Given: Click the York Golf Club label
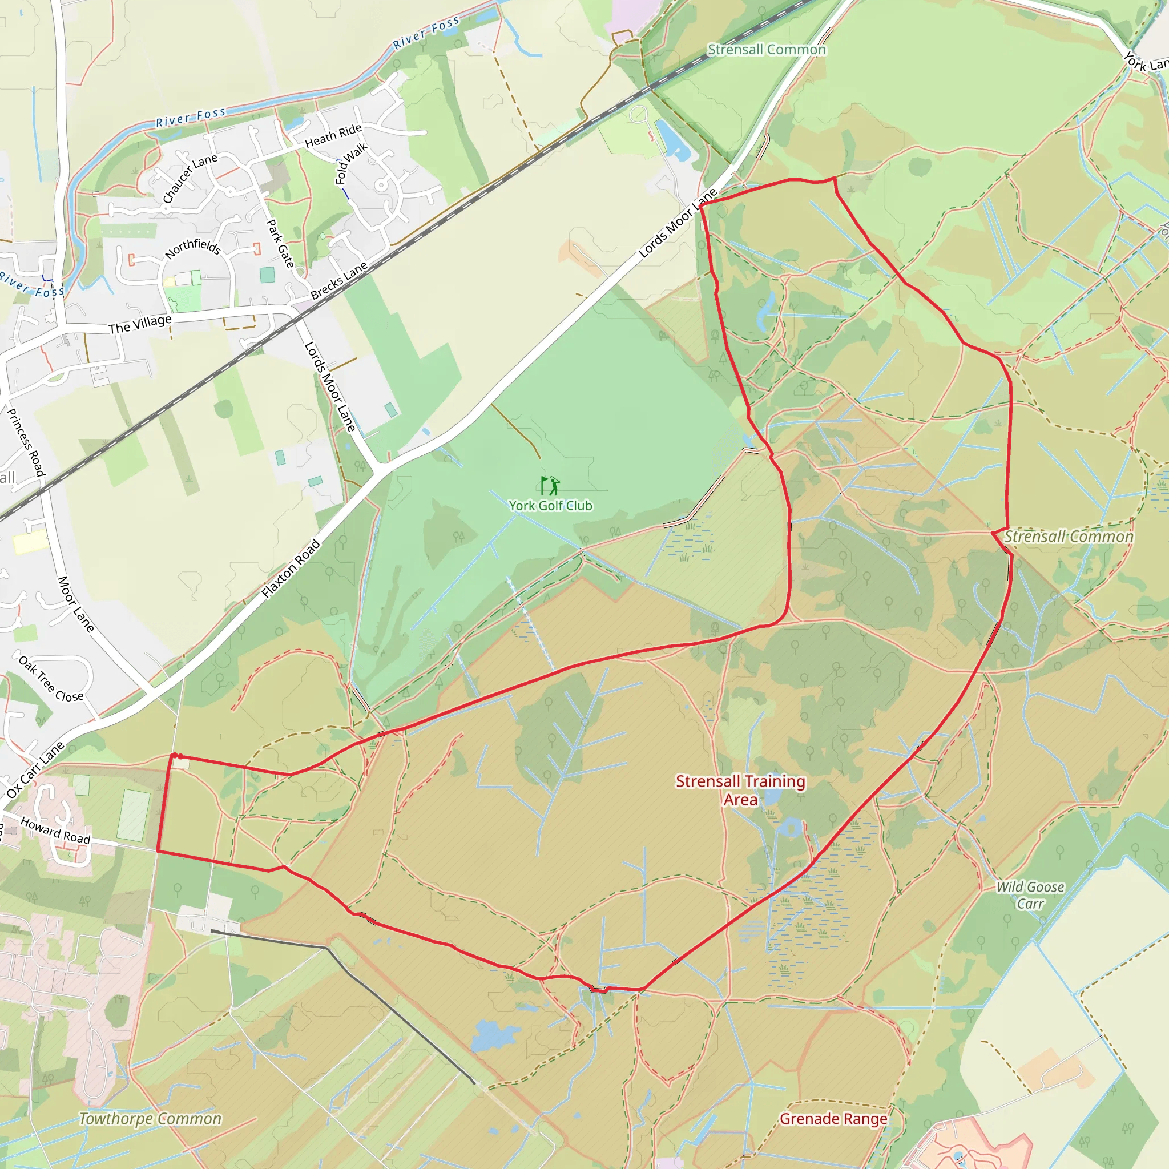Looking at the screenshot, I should [x=550, y=506].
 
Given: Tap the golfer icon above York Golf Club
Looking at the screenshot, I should [x=550, y=485].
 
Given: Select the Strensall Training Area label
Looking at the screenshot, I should [x=740, y=790].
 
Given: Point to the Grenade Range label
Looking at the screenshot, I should [x=833, y=1119].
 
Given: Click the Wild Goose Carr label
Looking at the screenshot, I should [x=1030, y=895].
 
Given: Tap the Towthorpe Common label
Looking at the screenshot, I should [x=150, y=1119].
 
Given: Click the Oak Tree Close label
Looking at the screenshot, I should [x=51, y=679].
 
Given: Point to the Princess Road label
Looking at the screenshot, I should [x=26, y=442].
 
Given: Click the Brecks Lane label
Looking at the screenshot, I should [x=339, y=280].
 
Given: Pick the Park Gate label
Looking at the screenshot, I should [x=281, y=244].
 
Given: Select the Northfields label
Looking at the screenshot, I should [x=192, y=248].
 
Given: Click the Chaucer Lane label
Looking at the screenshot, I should [x=190, y=179].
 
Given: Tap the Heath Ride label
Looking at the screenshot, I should [x=333, y=135].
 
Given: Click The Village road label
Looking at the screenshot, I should [x=140, y=324].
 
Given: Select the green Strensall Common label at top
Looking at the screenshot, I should [x=766, y=50].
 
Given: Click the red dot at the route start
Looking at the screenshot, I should [x=180, y=756].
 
